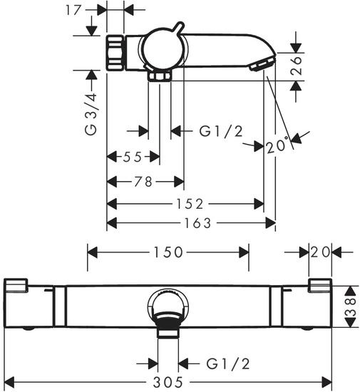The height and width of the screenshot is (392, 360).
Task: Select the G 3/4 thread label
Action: (x=90, y=112)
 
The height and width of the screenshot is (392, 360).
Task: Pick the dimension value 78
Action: (x=143, y=182)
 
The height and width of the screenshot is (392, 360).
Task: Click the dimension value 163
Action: (x=197, y=223)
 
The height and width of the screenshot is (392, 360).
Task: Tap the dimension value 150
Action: (x=168, y=252)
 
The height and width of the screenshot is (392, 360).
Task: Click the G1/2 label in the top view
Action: (x=220, y=130)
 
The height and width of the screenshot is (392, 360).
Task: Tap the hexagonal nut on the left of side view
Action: (x=116, y=53)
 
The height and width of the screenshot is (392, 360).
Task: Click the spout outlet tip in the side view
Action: (x=261, y=66)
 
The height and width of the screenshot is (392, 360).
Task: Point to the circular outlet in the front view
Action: (x=168, y=309)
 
